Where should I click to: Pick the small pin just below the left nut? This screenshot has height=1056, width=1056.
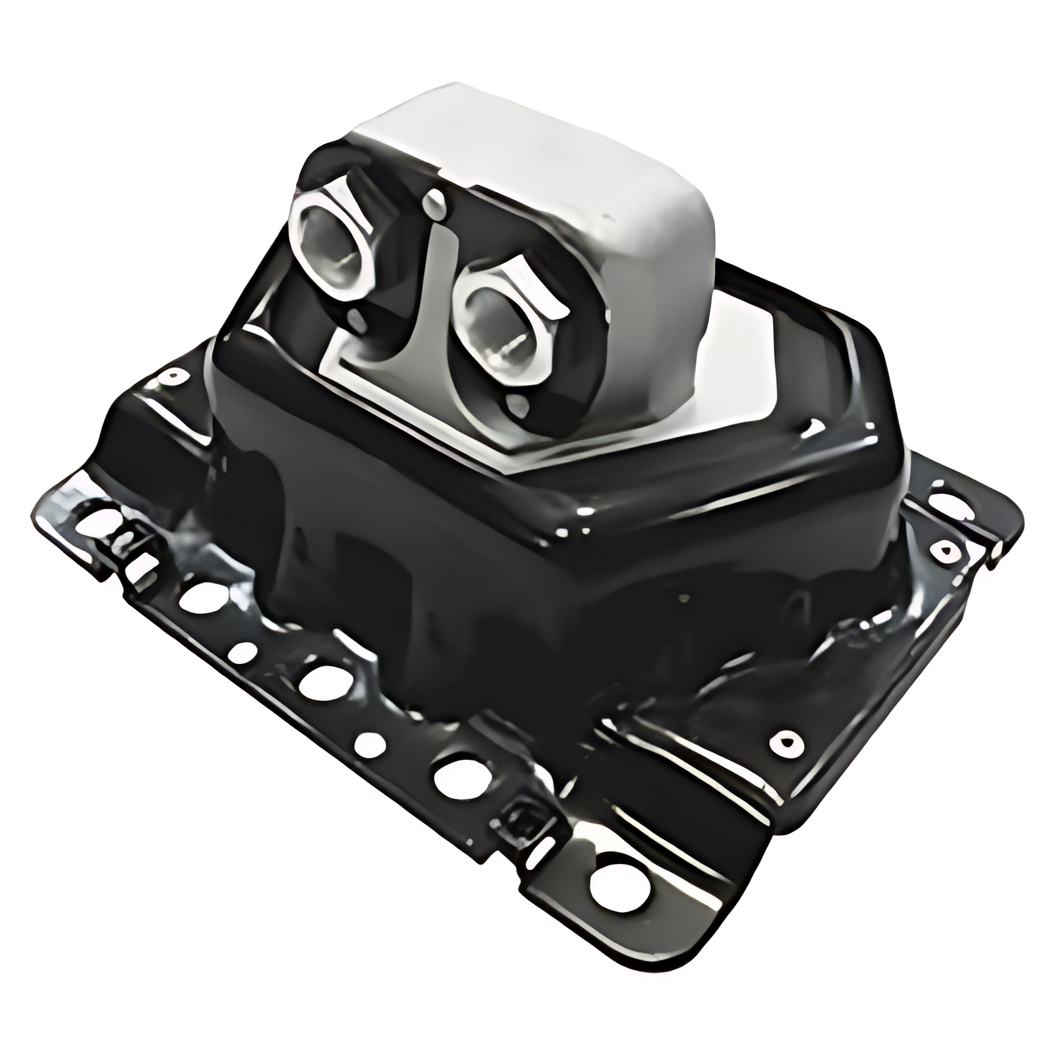(360, 319)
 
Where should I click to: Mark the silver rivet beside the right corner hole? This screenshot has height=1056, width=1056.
(943, 550)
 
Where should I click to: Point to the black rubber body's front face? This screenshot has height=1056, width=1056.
(503, 597)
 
